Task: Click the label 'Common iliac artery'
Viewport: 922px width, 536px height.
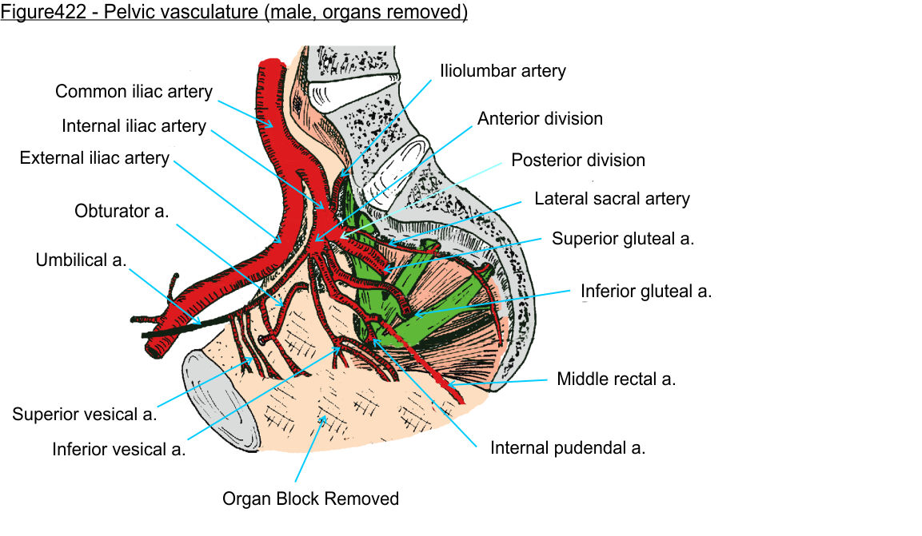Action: pyautogui.click(x=134, y=92)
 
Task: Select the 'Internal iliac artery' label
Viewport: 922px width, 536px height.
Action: pyautogui.click(x=134, y=126)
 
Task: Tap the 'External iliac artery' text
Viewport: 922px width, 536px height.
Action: pyautogui.click(x=94, y=157)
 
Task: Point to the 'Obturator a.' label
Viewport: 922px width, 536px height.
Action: pyautogui.click(x=123, y=212)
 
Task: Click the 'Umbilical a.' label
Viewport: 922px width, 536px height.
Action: pyautogui.click(x=81, y=260)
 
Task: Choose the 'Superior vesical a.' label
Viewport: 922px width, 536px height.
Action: pyautogui.click(x=84, y=414)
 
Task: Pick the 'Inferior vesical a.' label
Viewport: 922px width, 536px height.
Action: pyautogui.click(x=118, y=449)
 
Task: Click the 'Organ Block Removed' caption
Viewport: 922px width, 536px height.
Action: pyautogui.click(x=310, y=499)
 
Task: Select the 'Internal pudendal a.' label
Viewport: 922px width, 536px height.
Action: pyautogui.click(x=568, y=447)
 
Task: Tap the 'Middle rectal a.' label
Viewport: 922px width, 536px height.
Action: pyautogui.click(x=617, y=379)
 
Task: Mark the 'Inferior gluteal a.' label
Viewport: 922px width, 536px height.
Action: pyautogui.click(x=646, y=292)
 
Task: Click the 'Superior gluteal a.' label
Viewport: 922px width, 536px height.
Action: pyautogui.click(x=623, y=238)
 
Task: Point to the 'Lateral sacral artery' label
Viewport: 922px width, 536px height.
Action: pyautogui.click(x=612, y=198)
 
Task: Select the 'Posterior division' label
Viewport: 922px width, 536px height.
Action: pyautogui.click(x=578, y=160)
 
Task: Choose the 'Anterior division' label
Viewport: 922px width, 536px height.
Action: pyautogui.click(x=540, y=119)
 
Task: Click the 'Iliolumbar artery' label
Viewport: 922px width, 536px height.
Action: pyautogui.click(x=502, y=71)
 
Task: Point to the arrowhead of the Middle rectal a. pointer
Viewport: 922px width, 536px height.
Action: pyautogui.click(x=451, y=387)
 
